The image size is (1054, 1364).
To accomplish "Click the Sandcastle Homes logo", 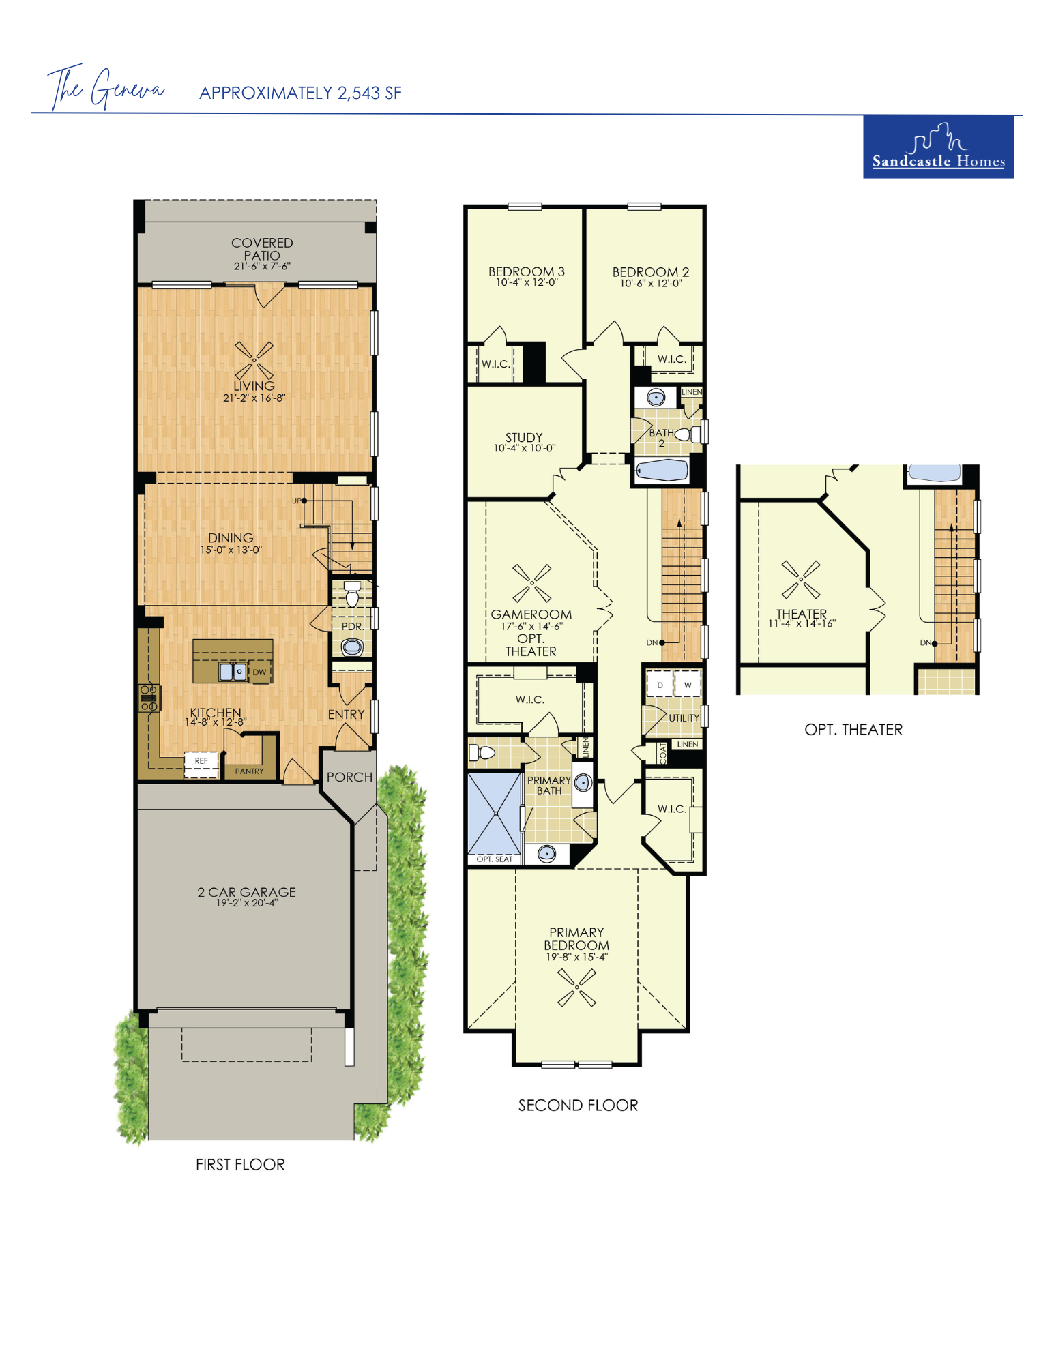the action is pyautogui.click(x=937, y=147).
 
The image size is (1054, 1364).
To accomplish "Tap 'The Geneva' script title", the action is pyautogui.click(x=106, y=87).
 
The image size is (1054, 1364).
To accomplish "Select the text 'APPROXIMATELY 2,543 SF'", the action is pyautogui.click(x=300, y=93).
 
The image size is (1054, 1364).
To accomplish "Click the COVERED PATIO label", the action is pyautogui.click(x=262, y=249).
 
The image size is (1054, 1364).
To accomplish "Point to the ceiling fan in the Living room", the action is pyautogui.click(x=254, y=360).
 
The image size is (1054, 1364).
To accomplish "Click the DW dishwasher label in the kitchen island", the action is pyautogui.click(x=259, y=672).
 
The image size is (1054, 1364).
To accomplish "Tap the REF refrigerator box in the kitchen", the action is pyautogui.click(x=201, y=764).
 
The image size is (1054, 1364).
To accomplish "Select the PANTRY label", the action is pyautogui.click(x=249, y=771).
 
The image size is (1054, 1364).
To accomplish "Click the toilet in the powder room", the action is pyautogui.click(x=352, y=595).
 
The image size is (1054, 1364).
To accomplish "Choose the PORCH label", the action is pyautogui.click(x=349, y=777).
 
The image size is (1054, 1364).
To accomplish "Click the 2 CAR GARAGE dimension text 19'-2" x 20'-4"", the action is pyautogui.click(x=247, y=903).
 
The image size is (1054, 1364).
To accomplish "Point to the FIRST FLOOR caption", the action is pyautogui.click(x=240, y=1164).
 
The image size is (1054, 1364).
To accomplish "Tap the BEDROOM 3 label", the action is pyautogui.click(x=526, y=271).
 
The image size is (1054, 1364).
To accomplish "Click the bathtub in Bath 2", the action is pyautogui.click(x=661, y=470).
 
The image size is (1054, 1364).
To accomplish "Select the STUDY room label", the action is pyautogui.click(x=524, y=437).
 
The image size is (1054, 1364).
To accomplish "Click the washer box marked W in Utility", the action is pyautogui.click(x=688, y=685).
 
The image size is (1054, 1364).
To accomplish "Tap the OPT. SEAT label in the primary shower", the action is pyautogui.click(x=494, y=859).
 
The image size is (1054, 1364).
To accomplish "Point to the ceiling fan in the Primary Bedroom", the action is pyautogui.click(x=577, y=987).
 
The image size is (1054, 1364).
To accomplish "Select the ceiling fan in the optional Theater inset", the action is pyautogui.click(x=801, y=580).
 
